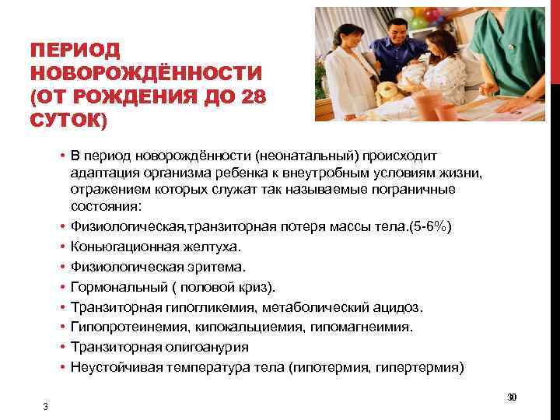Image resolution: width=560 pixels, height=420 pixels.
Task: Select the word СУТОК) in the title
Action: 68,121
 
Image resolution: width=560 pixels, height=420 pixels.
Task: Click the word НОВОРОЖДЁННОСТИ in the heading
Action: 145,75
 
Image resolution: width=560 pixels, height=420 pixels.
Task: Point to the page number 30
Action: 512,397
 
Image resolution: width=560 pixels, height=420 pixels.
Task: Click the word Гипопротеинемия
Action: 121,327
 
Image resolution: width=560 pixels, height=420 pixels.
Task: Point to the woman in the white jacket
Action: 347,74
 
